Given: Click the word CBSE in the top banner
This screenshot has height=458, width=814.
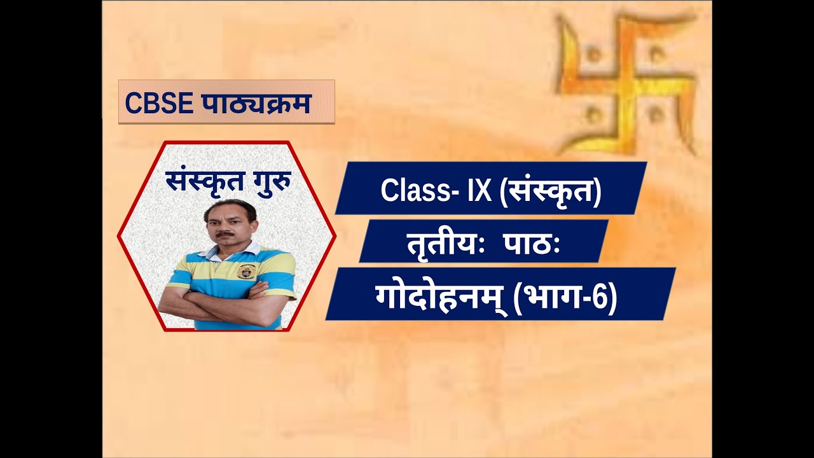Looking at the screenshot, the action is click(159, 103).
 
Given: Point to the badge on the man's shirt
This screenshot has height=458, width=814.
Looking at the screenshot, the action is click(246, 271).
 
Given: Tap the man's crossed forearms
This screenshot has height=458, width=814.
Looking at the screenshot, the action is click(225, 302).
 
